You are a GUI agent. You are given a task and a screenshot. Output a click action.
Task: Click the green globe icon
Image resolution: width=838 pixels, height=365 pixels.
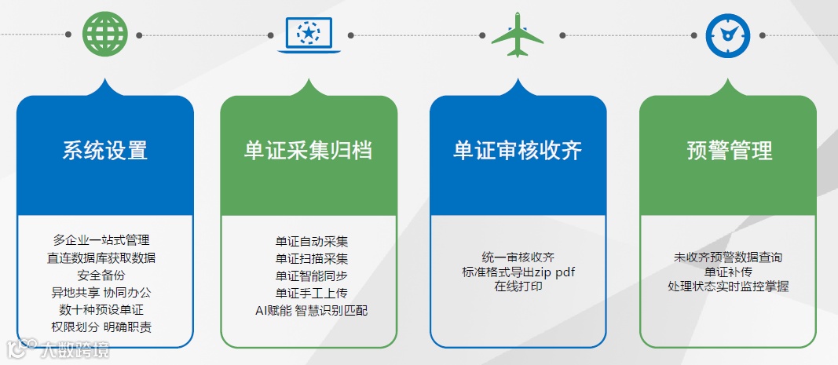point(104,35)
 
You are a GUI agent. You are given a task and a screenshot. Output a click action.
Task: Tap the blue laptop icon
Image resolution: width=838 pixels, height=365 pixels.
point(309,35)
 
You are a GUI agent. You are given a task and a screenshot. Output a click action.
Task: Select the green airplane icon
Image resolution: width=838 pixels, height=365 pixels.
point(517,35)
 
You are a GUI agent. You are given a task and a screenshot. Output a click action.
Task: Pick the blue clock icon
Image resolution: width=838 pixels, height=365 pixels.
point(728,35)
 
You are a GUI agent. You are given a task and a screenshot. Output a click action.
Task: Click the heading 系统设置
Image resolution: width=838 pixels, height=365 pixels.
point(104,150)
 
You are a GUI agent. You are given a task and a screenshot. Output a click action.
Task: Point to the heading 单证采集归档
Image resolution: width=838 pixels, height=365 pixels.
point(308,150)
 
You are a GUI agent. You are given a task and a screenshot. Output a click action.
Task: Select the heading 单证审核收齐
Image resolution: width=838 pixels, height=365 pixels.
point(518,150)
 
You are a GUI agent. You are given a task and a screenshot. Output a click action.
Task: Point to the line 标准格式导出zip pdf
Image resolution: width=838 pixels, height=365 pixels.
point(518,272)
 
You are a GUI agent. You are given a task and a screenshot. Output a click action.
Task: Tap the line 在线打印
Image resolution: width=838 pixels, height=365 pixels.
point(518,287)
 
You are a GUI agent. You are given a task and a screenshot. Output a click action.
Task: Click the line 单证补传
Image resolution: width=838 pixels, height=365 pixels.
point(728,272)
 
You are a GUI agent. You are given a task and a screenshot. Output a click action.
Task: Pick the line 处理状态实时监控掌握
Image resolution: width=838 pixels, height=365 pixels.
point(728,287)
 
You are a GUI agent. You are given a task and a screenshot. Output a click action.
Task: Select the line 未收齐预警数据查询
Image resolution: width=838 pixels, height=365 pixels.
point(728,257)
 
